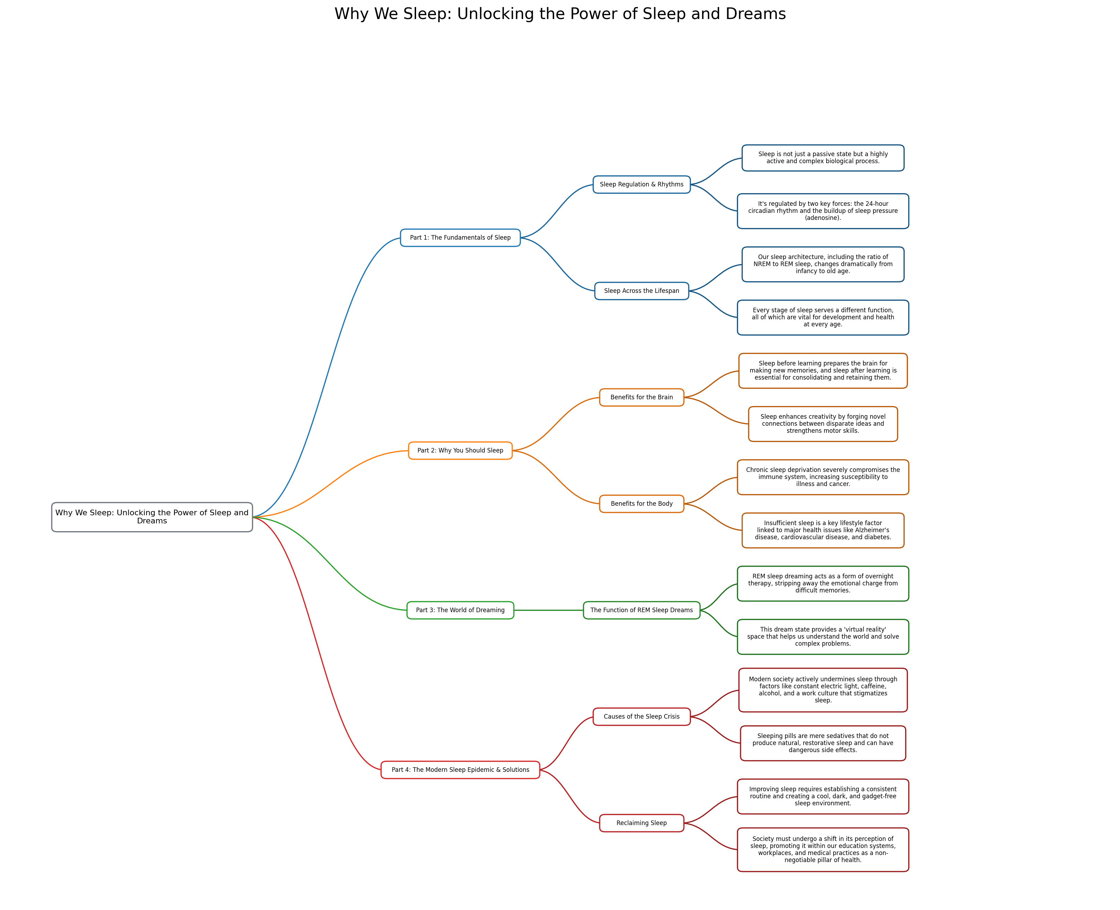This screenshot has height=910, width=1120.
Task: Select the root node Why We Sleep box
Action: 152,517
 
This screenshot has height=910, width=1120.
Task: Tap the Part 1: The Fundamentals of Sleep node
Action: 460,238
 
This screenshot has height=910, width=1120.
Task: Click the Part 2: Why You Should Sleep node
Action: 460,450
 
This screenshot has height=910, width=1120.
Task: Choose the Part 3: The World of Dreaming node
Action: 460,610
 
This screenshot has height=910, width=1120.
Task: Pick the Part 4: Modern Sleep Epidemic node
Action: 460,769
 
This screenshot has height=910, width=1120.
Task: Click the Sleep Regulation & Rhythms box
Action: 641,185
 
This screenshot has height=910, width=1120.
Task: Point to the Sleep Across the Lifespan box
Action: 641,291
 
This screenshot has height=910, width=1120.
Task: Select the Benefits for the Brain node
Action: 641,397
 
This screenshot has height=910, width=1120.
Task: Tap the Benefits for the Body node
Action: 641,504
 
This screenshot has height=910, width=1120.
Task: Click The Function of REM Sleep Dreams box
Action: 641,610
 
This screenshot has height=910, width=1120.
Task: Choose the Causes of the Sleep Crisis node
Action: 641,717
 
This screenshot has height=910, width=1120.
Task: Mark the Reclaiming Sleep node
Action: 641,823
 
